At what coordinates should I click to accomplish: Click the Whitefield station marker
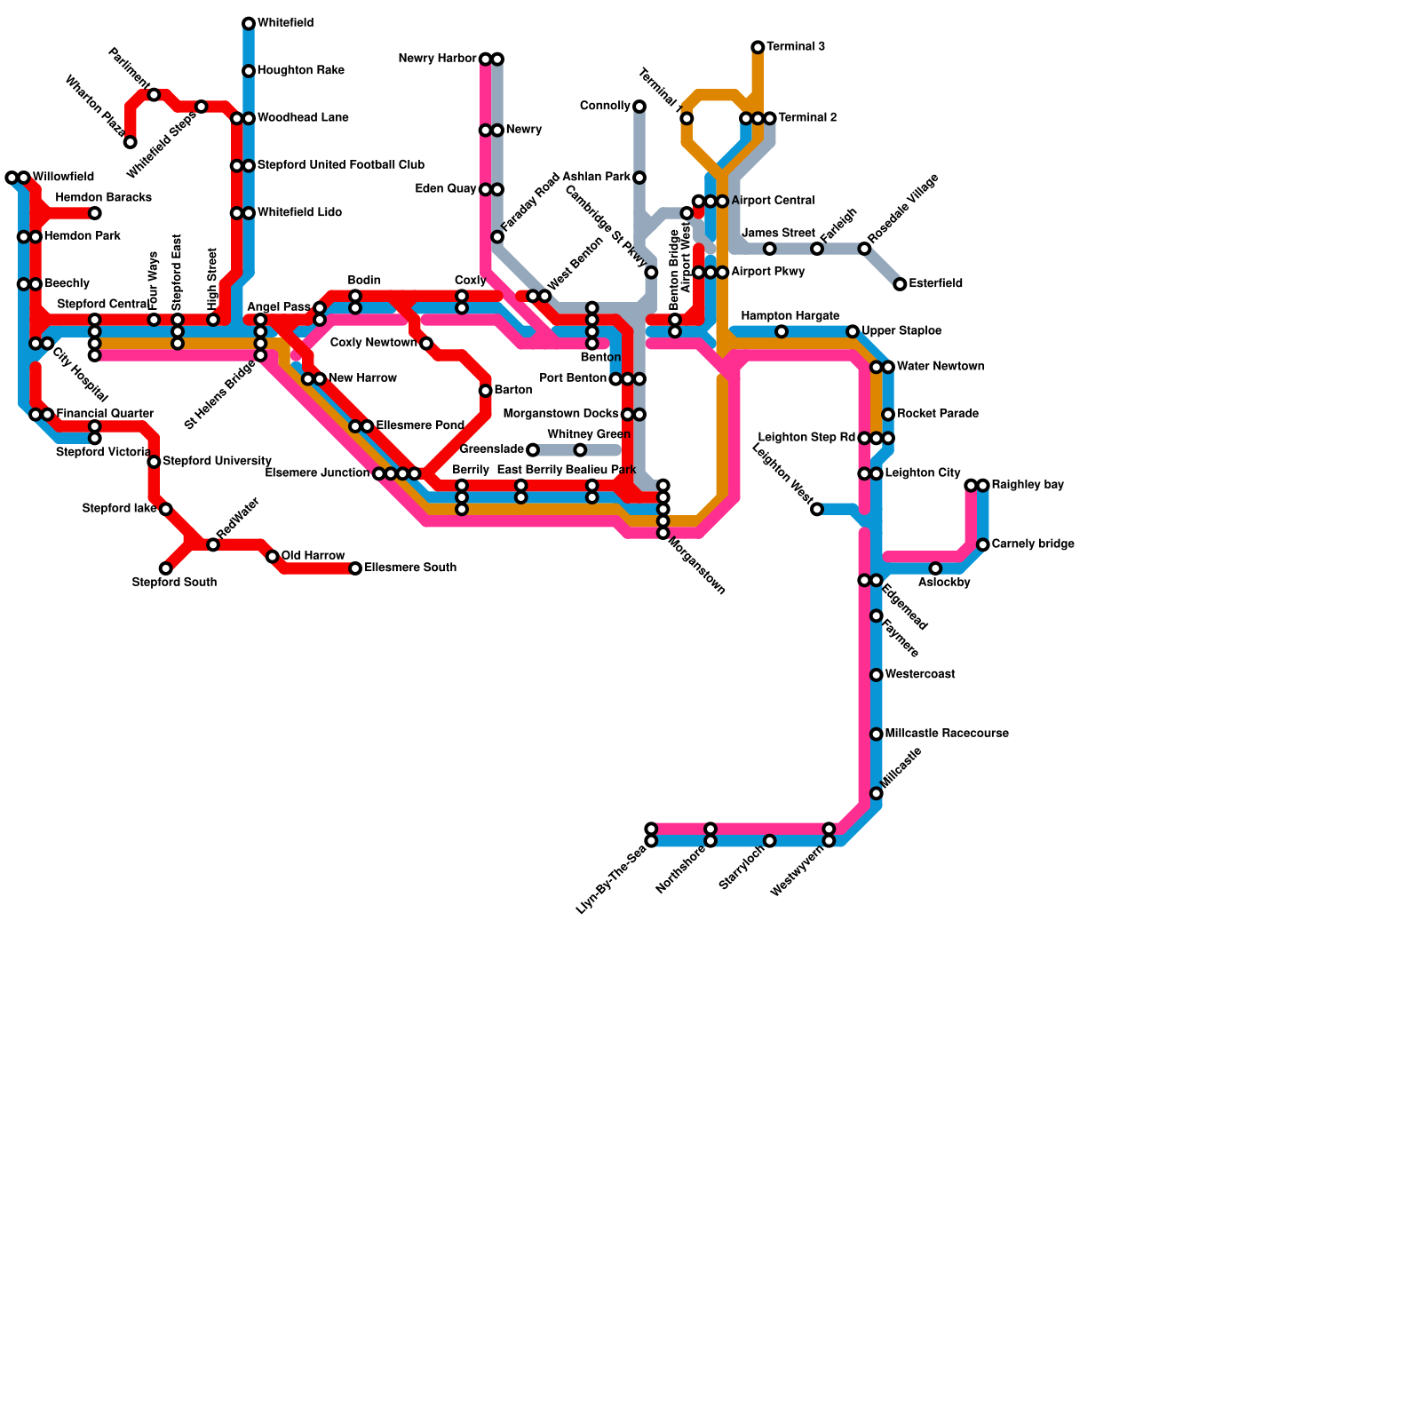click(x=249, y=24)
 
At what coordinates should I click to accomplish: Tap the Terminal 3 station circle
click(x=758, y=47)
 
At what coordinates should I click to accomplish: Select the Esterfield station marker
click(x=900, y=284)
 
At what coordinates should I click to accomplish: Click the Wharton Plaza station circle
click(x=131, y=142)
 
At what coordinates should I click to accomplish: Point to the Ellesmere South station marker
click(x=355, y=568)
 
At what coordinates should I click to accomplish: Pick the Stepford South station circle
click(x=166, y=568)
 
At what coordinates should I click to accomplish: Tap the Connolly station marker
click(x=639, y=107)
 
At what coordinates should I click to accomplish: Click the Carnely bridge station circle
click(x=983, y=544)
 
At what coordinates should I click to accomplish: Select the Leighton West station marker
click(x=817, y=509)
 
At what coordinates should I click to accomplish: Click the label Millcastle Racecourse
click(x=947, y=734)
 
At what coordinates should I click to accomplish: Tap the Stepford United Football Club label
click(x=341, y=165)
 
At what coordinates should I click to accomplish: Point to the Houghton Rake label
click(x=301, y=71)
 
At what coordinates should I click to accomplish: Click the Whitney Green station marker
click(x=580, y=450)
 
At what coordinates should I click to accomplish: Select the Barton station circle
click(x=486, y=391)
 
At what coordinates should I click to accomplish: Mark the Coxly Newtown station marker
click(x=426, y=344)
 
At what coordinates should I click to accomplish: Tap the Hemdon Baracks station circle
click(x=95, y=213)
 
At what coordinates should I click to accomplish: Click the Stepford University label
click(x=217, y=462)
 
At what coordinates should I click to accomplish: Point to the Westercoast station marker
click(x=877, y=675)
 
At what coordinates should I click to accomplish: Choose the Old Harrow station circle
click(x=273, y=557)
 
